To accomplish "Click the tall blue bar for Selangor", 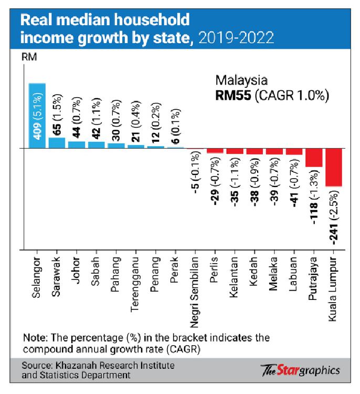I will [37, 116].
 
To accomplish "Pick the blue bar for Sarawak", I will [57, 142].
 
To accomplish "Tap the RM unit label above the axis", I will [28, 56].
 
